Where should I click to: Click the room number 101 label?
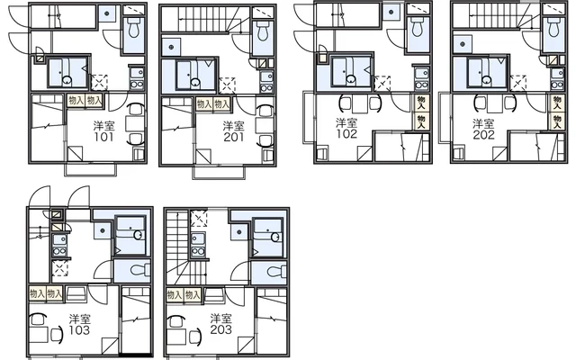click(104, 138)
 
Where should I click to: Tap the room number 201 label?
click(234, 137)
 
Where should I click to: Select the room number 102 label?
click(346, 134)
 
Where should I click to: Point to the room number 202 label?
click(483, 135)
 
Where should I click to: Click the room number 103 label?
click(79, 330)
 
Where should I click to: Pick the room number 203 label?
click(221, 329)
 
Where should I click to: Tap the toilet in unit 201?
click(262, 31)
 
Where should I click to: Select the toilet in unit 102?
click(417, 26)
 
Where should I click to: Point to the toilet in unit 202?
click(553, 27)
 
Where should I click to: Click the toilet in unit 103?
click(139, 270)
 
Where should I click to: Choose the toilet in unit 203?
click(276, 272)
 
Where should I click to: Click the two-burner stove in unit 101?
click(137, 85)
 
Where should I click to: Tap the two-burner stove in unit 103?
click(58, 252)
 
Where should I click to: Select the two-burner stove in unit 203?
click(198, 252)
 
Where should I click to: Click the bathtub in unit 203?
click(268, 238)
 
